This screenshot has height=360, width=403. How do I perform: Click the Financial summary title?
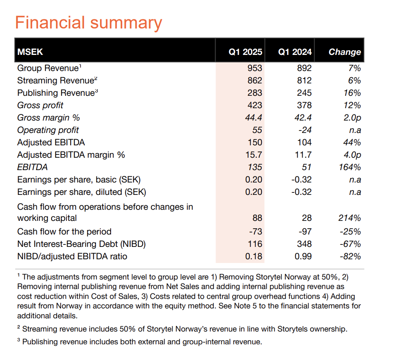pyautogui.click(x=88, y=23)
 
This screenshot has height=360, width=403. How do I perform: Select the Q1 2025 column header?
pyautogui.click(x=245, y=52)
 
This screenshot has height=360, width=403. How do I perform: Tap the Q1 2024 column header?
pyautogui.click(x=294, y=52)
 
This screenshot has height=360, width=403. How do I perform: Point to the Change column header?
pyautogui.click(x=344, y=52)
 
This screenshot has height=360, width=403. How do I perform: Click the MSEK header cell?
pyautogui.click(x=30, y=52)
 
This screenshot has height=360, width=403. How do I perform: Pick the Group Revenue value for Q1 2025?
pyautogui.click(x=254, y=68)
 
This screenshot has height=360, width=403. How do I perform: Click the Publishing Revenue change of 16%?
pyautogui.click(x=352, y=93)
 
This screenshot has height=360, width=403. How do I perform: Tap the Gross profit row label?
pyautogui.click(x=40, y=105)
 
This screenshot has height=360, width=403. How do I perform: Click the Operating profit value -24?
pyautogui.click(x=304, y=130)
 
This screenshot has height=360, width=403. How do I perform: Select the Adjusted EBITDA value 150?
pyautogui.click(x=254, y=142)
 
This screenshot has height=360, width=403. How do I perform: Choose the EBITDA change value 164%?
pyautogui.click(x=349, y=167)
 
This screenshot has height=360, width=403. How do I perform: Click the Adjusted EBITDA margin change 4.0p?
pyautogui.click(x=352, y=155)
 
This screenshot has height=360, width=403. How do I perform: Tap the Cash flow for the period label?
pyautogui.click(x=64, y=231)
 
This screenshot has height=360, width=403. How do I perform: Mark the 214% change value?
pyautogui.click(x=349, y=218)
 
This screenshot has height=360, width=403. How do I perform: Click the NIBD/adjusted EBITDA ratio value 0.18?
pyautogui.click(x=254, y=256)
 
